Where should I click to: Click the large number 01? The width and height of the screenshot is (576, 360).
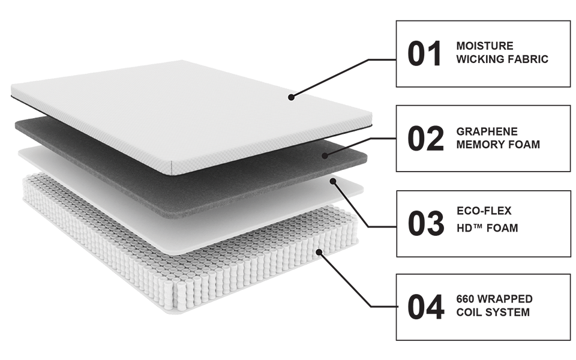click(x=424, y=54)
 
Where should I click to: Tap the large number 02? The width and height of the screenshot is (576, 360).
click(x=425, y=139)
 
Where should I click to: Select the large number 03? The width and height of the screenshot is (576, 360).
click(x=426, y=223)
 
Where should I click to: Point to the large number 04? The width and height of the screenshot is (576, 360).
click(x=426, y=307)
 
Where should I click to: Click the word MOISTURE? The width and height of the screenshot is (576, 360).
click(x=485, y=46)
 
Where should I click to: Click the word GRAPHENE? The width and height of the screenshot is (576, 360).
click(x=487, y=131)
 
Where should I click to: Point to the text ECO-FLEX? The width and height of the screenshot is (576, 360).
click(x=484, y=211)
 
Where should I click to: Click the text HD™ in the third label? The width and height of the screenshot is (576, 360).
click(x=469, y=228)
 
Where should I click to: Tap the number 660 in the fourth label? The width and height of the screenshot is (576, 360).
click(x=465, y=299)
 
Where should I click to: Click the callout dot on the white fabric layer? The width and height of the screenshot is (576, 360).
click(x=291, y=97)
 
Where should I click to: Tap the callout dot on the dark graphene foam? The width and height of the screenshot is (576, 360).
click(x=325, y=156)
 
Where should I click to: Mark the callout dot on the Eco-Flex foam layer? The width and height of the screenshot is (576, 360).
click(x=333, y=181)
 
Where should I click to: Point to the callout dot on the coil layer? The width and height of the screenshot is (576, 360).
click(x=319, y=252)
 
